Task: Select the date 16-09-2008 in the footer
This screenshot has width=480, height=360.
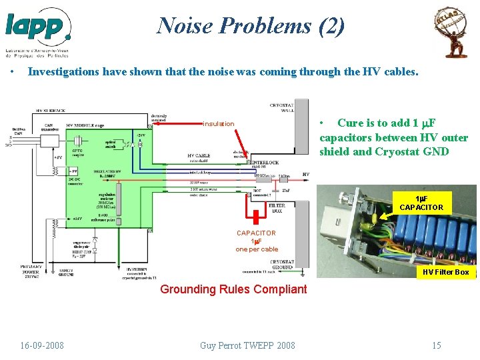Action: [x=42, y=345]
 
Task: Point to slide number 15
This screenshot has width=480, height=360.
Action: [x=436, y=345]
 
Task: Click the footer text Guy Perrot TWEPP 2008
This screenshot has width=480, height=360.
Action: [x=247, y=345]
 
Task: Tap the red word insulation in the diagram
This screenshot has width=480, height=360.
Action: [x=219, y=123]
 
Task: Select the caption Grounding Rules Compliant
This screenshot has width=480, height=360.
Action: [x=233, y=289]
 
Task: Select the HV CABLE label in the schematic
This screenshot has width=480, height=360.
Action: [x=199, y=156]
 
